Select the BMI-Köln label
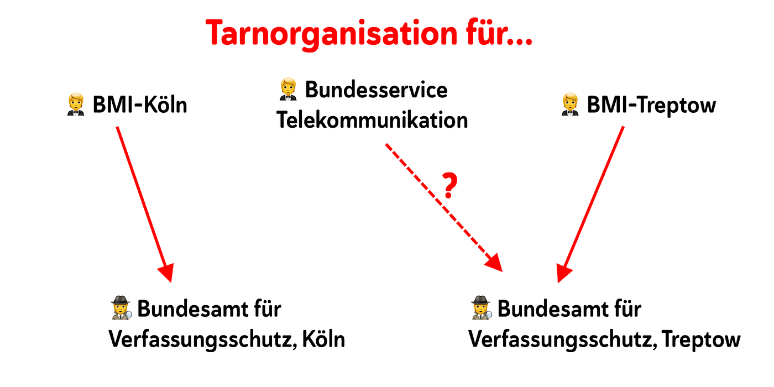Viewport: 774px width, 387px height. pyautogui.click(x=140, y=105)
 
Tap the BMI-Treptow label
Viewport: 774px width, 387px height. pyautogui.click(x=651, y=105)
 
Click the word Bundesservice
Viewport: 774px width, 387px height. pyautogui.click(x=376, y=90)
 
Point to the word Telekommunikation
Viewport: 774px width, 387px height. pyautogui.click(x=372, y=120)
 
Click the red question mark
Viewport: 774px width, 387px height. pyautogui.click(x=450, y=186)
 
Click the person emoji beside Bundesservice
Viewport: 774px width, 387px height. pyautogui.click(x=287, y=90)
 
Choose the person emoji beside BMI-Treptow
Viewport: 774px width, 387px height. pyautogui.click(x=570, y=105)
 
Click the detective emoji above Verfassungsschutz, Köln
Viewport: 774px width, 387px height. pyautogui.click(x=121, y=308)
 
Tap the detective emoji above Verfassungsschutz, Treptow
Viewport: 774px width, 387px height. pyautogui.click(x=481, y=308)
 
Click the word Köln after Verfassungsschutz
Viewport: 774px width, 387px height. pyautogui.click(x=323, y=339)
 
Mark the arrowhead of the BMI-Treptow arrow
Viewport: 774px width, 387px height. pyautogui.click(x=563, y=272)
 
